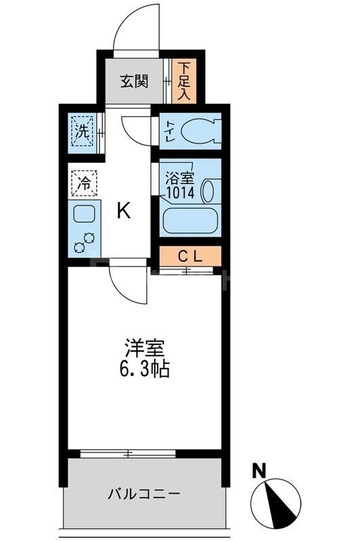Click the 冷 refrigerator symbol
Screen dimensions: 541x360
(x=85, y=182)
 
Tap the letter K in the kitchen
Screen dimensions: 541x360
(x=123, y=212)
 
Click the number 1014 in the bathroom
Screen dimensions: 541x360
(x=181, y=193)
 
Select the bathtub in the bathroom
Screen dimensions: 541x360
(x=189, y=221)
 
